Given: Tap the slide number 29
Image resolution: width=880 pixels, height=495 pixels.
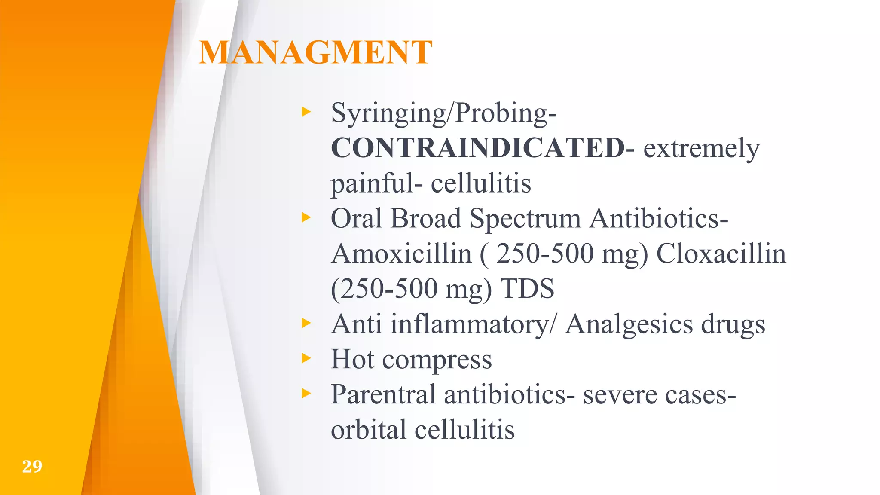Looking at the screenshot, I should click(x=32, y=466).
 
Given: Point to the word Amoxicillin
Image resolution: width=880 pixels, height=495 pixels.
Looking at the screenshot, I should click(x=402, y=254).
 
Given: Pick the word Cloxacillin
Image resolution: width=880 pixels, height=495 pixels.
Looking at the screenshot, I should click(x=721, y=254).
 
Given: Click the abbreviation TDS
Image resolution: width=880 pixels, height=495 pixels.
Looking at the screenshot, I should click(x=527, y=288).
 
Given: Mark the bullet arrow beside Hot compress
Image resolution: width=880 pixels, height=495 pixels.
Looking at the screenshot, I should click(x=306, y=358).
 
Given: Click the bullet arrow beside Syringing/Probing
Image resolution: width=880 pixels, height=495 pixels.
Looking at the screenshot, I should click(x=306, y=112).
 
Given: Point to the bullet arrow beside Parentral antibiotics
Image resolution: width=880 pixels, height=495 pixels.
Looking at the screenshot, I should click(x=306, y=393).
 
